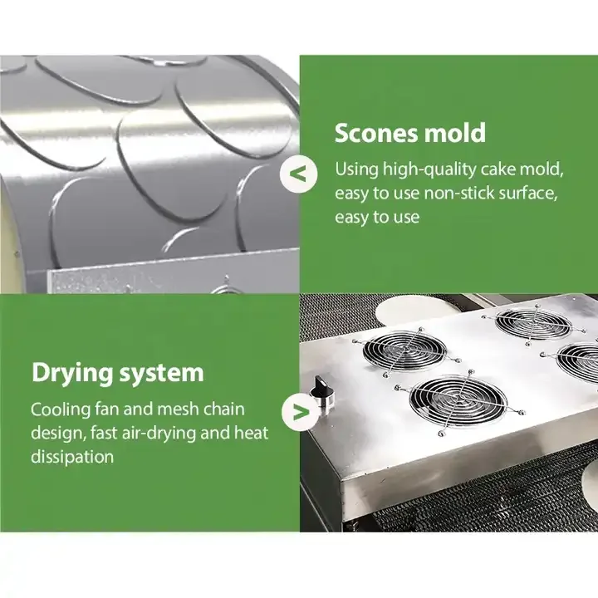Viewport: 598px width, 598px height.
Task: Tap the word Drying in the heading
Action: point(72,374)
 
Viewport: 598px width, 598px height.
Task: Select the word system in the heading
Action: point(162,374)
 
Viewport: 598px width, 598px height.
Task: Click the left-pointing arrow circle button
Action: point(299,174)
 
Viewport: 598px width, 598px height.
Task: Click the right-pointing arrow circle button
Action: point(301,412)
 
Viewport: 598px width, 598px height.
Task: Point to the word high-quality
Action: point(429,169)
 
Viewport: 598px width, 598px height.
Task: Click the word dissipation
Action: point(72,457)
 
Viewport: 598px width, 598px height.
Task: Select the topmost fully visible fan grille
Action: point(533,324)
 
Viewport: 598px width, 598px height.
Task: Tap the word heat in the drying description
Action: point(251,433)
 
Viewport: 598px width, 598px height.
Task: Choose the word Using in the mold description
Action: point(356,169)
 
